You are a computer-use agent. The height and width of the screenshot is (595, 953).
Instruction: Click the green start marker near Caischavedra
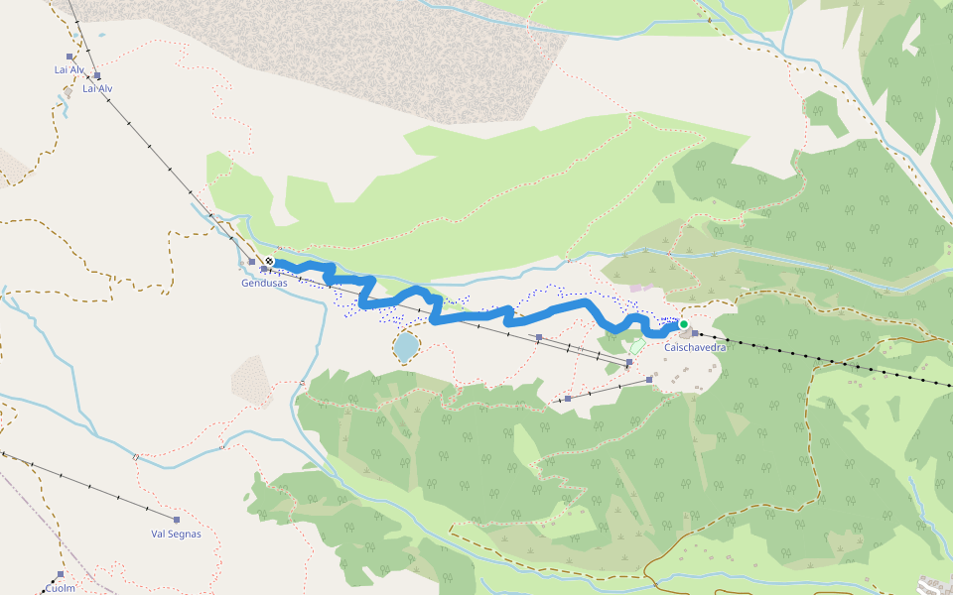[683, 324]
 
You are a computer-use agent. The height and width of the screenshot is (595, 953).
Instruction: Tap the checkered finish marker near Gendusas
[269, 262]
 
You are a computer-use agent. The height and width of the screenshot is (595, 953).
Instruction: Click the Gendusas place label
[264, 283]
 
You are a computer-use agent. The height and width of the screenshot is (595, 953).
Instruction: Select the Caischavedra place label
[695, 347]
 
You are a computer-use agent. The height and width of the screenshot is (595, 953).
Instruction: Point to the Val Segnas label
[176, 534]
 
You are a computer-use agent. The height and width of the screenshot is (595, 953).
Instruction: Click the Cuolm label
[60, 588]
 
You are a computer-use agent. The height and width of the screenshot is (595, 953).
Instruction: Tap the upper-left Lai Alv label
[68, 70]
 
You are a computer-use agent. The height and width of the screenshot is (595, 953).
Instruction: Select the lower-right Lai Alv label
[97, 88]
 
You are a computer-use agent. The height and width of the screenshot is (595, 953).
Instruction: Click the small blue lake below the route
[405, 346]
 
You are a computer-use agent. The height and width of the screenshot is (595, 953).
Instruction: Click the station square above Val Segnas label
[177, 520]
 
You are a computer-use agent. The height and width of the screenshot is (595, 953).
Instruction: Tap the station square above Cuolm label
[61, 574]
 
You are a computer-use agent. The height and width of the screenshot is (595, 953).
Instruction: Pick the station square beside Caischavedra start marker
[696, 333]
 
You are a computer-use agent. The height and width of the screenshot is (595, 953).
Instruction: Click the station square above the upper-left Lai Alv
[69, 57]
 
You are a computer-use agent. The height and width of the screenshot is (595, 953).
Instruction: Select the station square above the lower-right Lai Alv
[97, 75]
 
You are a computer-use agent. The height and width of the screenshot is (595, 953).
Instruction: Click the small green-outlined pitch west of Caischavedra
[637, 347]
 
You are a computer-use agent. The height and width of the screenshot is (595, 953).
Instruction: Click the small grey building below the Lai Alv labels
[68, 94]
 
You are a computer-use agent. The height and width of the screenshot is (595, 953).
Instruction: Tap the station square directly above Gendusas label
[252, 262]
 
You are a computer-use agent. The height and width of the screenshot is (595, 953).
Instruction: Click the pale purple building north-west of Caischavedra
[635, 288]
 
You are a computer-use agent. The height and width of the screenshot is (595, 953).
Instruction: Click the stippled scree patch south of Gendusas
[251, 380]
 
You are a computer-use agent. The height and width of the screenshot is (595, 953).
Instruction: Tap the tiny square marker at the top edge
[709, 20]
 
